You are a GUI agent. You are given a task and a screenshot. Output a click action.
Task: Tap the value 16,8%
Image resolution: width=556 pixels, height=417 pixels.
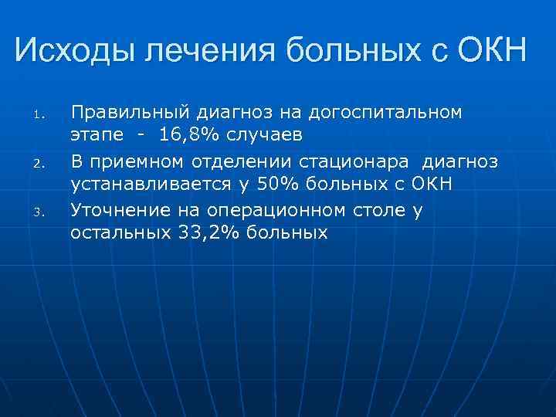[188, 136]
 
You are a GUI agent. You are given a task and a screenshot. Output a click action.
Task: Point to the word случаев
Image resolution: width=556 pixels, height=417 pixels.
[262, 136]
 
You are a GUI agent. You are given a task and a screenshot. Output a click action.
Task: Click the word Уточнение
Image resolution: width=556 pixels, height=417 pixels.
[117, 208]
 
